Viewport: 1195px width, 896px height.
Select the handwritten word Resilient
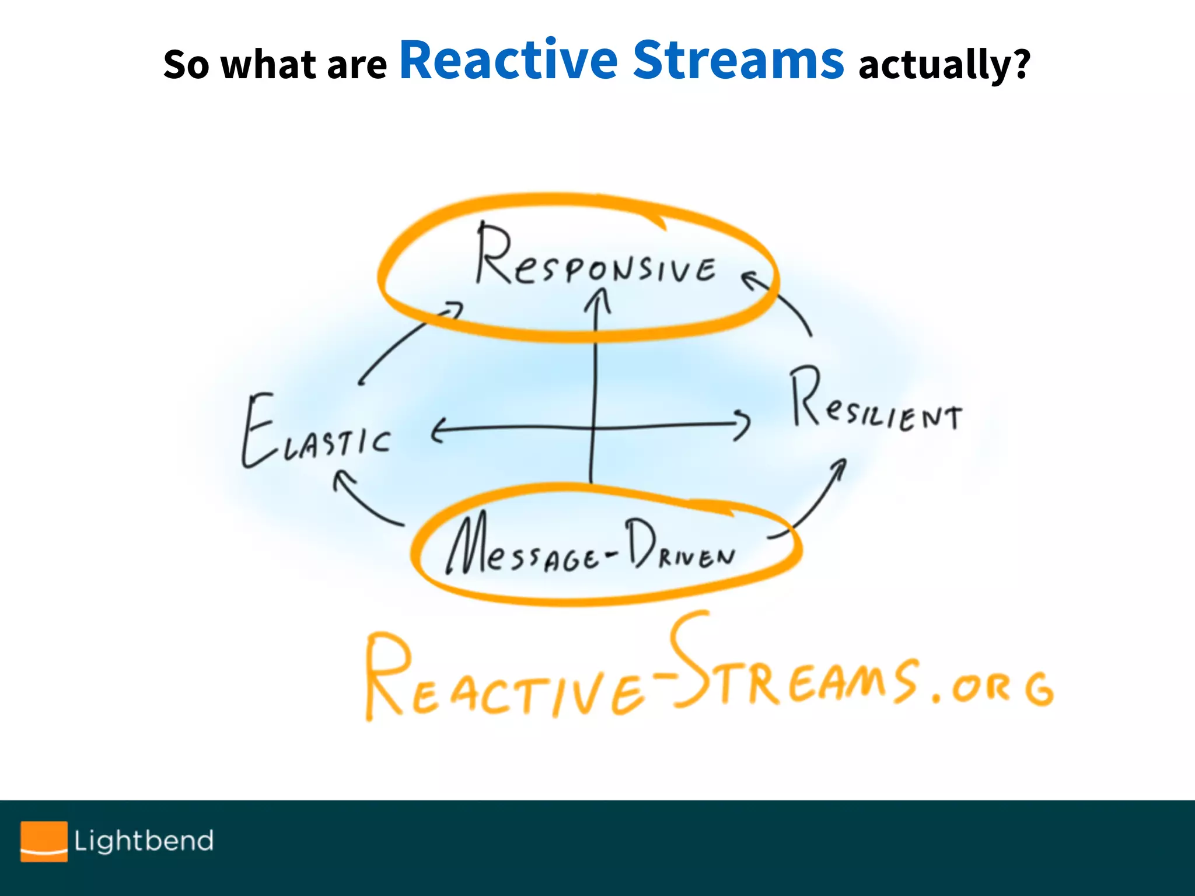click(875, 402)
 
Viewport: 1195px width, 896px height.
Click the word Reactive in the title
click(508, 60)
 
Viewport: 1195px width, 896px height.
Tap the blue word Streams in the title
click(738, 60)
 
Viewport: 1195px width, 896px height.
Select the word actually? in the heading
click(944, 64)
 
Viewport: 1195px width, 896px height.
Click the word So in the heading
click(186, 64)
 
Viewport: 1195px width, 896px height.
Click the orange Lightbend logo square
click(44, 841)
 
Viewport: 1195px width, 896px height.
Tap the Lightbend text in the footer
click(144, 841)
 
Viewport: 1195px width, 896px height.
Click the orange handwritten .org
click(992, 688)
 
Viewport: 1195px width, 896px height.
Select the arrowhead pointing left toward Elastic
click(438, 430)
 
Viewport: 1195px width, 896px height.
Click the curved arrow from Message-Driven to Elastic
click(362, 499)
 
